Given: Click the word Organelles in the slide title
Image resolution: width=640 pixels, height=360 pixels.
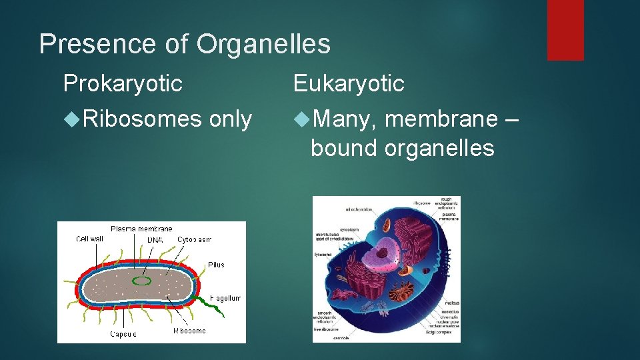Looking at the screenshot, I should click(x=263, y=44).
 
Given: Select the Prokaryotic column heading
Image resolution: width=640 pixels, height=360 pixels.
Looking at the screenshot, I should click(x=123, y=83).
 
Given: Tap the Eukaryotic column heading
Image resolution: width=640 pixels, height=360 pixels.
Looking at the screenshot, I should click(x=349, y=83).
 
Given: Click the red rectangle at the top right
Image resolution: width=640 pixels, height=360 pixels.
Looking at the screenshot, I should click(x=565, y=30).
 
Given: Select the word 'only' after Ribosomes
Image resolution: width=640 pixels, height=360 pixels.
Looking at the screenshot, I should click(x=231, y=119).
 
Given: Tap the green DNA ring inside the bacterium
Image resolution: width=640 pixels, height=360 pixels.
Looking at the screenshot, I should click(x=141, y=281).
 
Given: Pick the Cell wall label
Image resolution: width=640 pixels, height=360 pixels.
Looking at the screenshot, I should click(x=90, y=239).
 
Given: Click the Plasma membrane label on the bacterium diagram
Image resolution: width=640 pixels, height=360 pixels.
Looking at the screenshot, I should click(x=141, y=229).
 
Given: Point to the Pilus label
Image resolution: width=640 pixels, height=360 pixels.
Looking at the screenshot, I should click(x=216, y=265).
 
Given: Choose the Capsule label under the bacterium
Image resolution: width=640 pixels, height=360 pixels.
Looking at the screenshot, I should click(x=123, y=334).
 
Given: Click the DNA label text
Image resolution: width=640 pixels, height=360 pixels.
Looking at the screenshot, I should click(x=155, y=239).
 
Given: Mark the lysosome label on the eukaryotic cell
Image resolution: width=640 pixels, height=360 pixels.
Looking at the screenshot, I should click(x=324, y=254).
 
